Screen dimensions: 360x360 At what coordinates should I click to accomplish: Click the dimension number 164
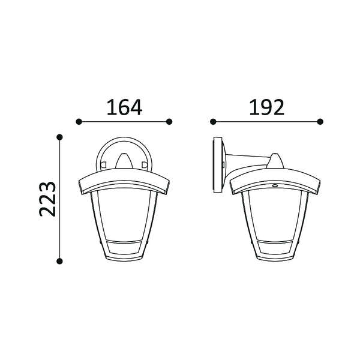coord(124,107)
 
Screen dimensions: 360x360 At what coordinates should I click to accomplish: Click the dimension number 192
coord(266,107)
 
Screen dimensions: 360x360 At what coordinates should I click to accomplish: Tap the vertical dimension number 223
coord(47,199)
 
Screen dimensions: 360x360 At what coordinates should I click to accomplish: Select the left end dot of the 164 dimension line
coord(79,122)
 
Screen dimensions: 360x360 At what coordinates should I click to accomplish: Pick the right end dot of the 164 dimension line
coord(169,122)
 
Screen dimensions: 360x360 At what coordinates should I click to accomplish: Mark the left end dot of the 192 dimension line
coord(213,122)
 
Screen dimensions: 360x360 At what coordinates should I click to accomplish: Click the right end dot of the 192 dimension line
coord(320,122)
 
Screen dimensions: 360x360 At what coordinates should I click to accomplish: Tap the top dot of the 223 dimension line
coord(59,137)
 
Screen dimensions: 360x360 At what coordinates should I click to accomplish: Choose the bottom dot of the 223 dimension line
coord(59,261)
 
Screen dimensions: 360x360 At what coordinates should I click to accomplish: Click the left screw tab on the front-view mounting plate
coord(103,164)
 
